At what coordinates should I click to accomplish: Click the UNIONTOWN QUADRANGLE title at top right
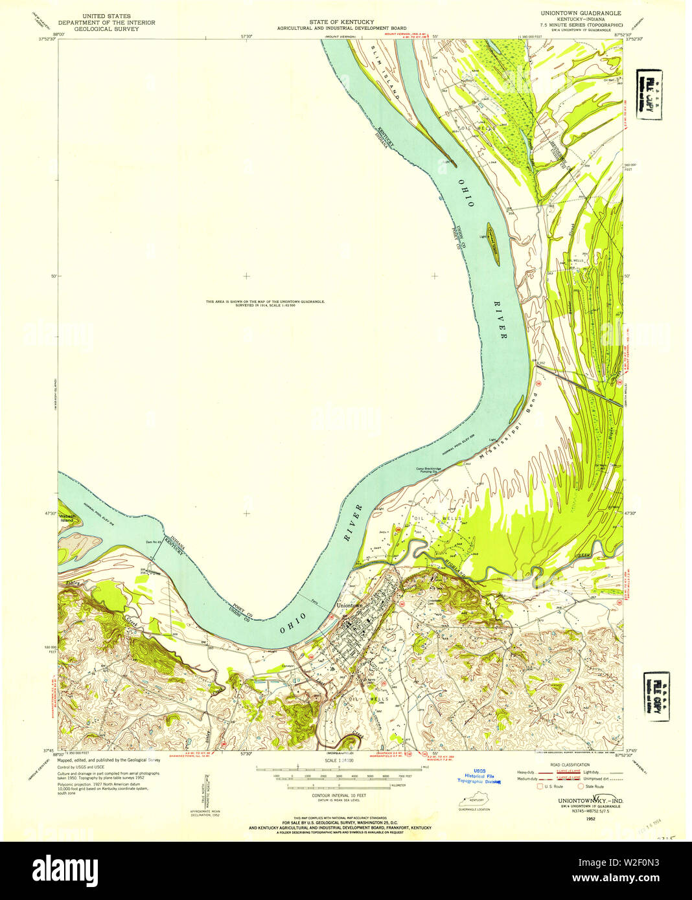pos(576,13)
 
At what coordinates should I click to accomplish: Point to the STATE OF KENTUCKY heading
pos(341,22)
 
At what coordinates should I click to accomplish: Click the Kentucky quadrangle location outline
pos(474,801)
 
